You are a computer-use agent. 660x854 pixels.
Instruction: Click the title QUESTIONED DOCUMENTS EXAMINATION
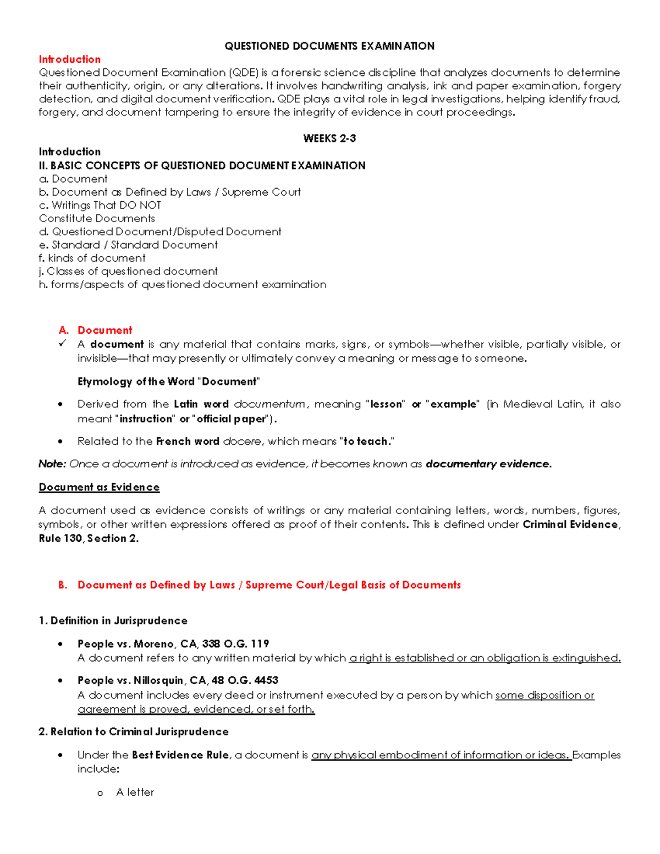[x=329, y=46]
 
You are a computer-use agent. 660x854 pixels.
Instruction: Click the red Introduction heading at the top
[x=69, y=59]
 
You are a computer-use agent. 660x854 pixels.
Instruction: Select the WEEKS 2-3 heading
[x=329, y=139]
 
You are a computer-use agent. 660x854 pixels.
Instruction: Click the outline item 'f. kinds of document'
[x=92, y=258]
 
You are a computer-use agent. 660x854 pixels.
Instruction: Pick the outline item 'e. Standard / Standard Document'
[x=128, y=245]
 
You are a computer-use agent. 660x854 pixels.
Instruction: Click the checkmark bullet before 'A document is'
[x=63, y=344]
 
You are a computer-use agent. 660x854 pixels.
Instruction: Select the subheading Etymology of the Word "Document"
[x=168, y=382]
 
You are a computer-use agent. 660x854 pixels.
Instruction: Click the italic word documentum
[x=269, y=404]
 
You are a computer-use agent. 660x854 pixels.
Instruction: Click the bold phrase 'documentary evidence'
[x=488, y=464]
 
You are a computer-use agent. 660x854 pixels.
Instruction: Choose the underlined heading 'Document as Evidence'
[x=99, y=487]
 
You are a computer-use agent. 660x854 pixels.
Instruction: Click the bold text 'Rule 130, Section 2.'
[x=89, y=538]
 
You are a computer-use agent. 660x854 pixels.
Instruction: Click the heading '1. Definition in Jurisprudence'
[x=113, y=621]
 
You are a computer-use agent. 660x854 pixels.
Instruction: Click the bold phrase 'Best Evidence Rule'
[x=180, y=755]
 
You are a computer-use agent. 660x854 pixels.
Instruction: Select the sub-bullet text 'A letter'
[x=135, y=792]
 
